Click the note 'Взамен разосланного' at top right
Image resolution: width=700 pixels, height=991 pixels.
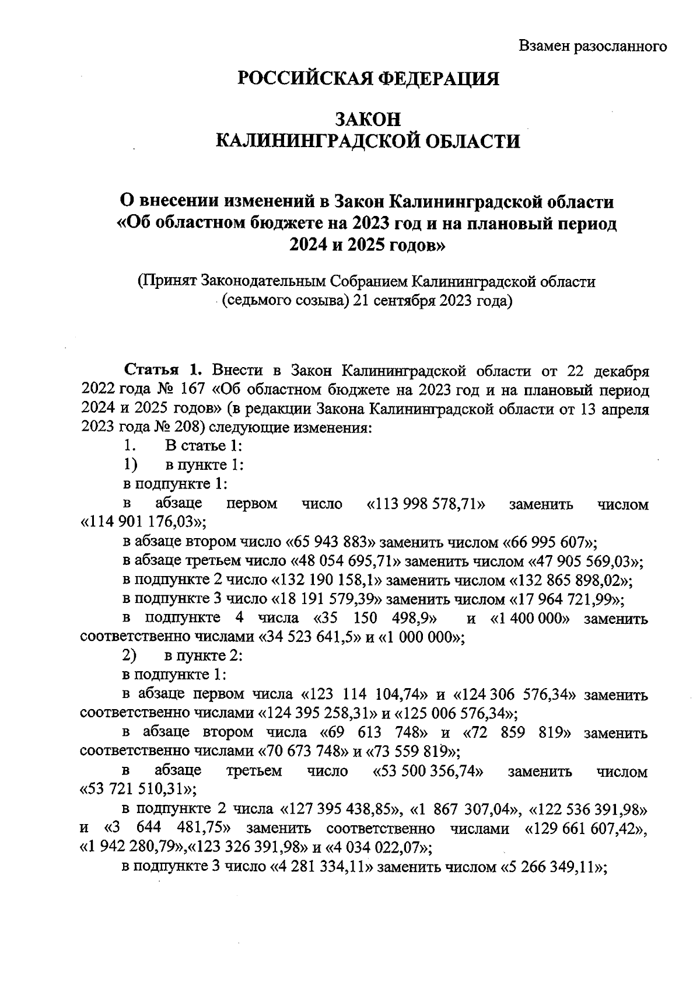pyautogui.click(x=593, y=46)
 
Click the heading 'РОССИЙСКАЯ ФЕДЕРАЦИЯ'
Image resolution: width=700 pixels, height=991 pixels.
pyautogui.click(x=367, y=78)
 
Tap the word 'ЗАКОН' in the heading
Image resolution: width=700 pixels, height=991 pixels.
pyautogui.click(x=367, y=119)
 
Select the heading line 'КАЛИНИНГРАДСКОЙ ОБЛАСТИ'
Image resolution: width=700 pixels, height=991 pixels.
pyautogui.click(x=367, y=141)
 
